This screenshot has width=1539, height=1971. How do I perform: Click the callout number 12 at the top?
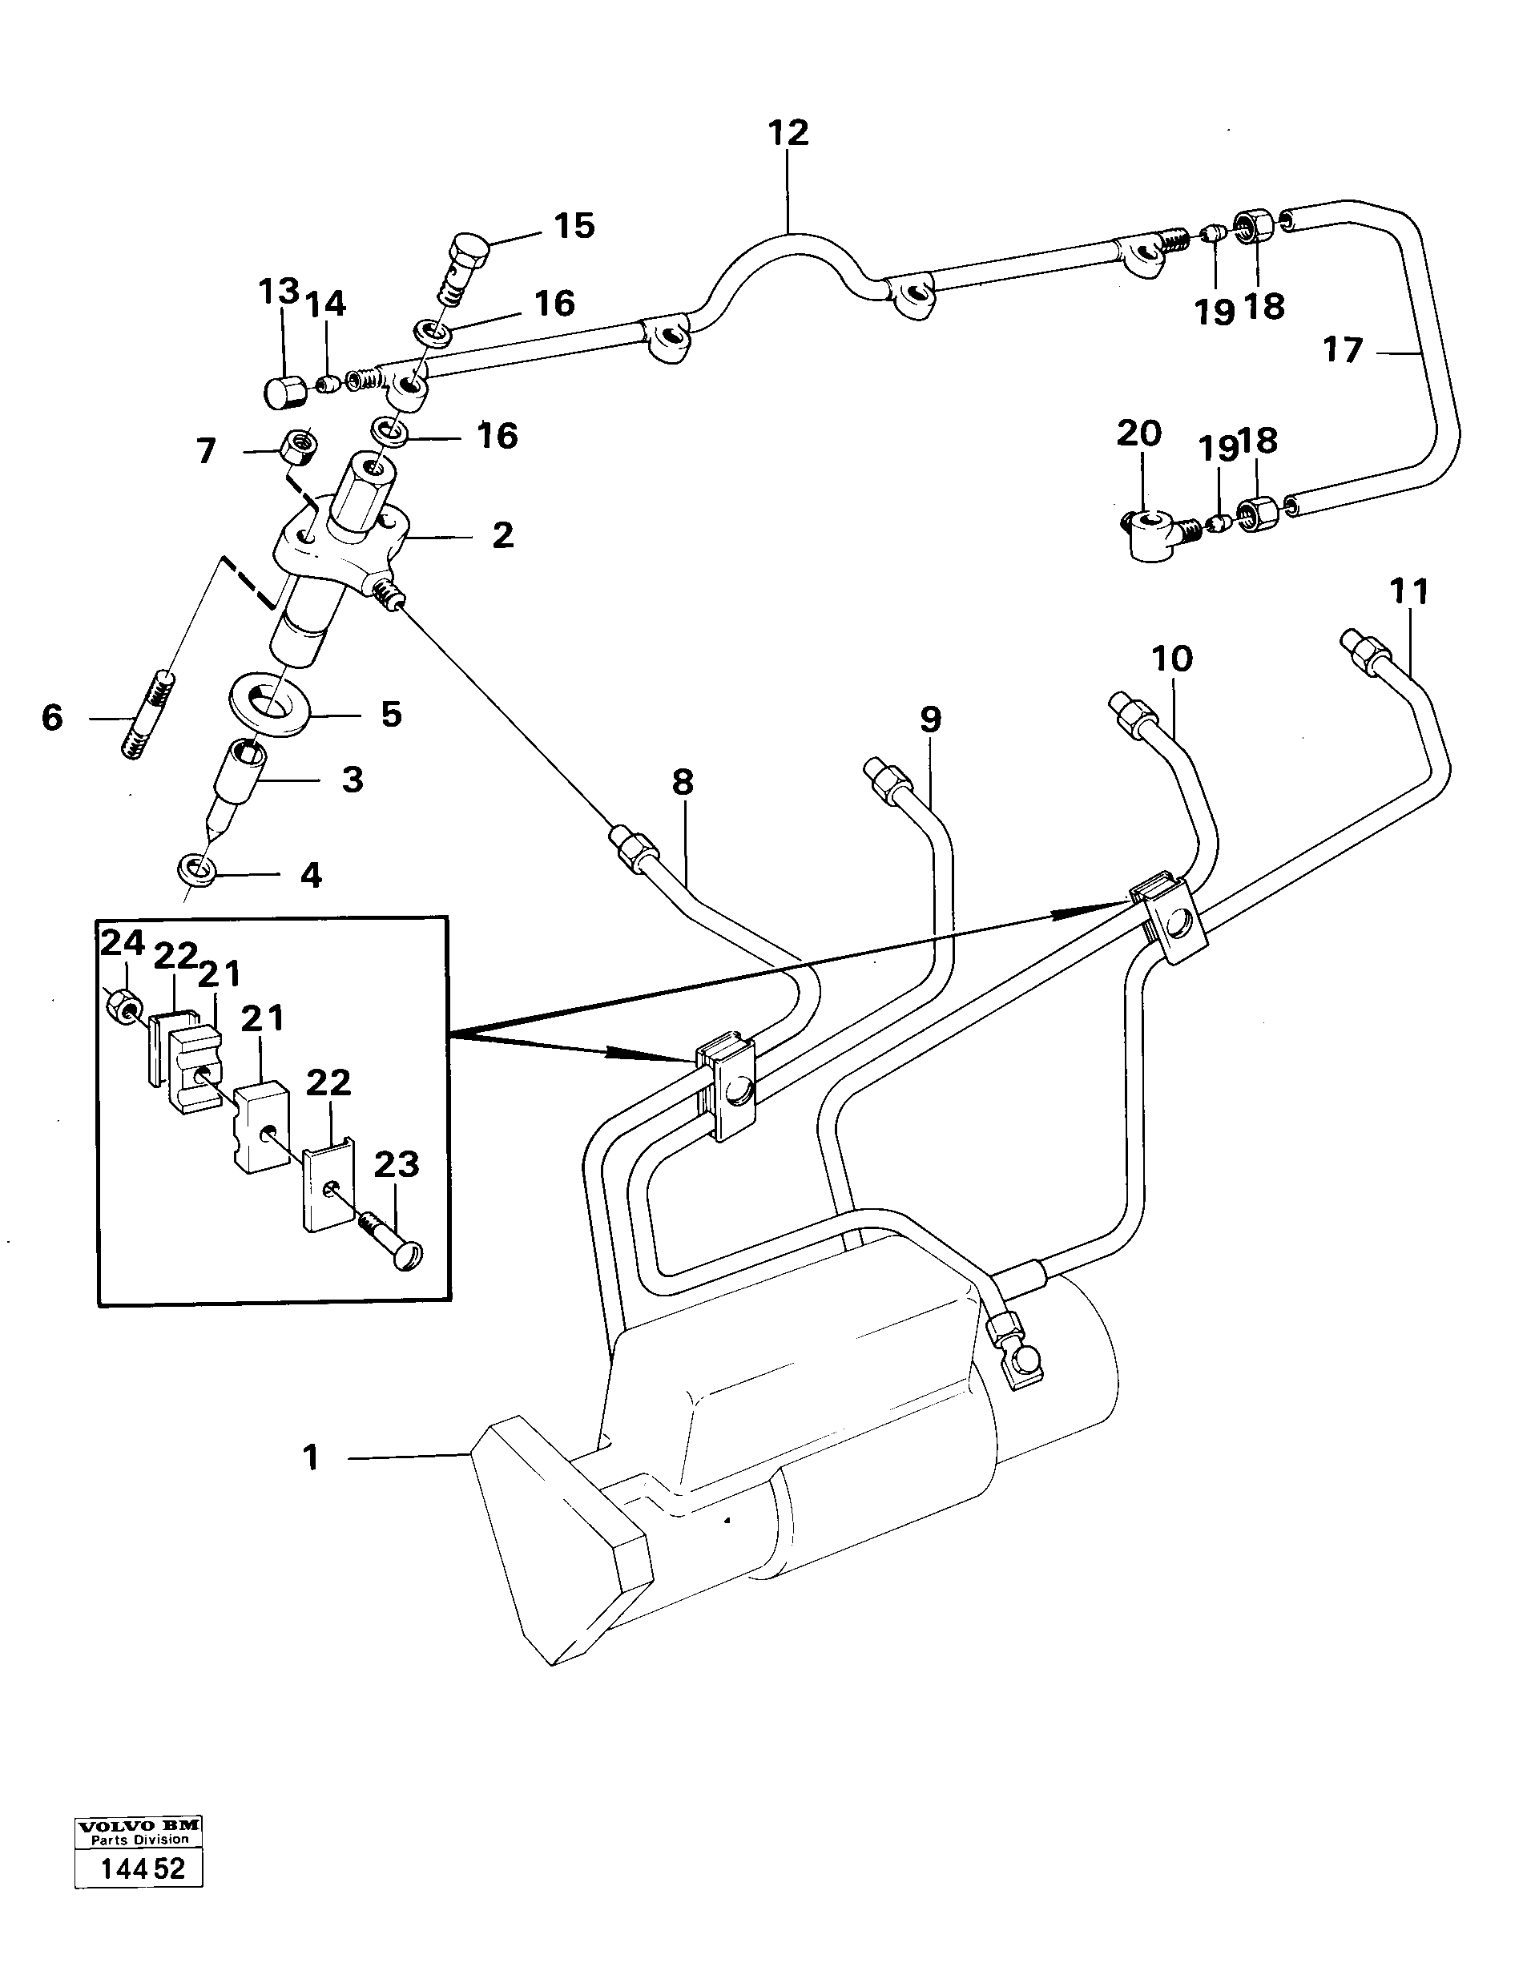pos(788,133)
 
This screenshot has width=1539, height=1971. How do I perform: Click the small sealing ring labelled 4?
pos(195,872)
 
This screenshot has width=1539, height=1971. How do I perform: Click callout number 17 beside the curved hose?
pos(1342,350)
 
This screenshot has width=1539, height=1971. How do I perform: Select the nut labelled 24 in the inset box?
pos(122,1004)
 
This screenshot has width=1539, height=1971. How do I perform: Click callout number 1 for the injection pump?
pos(311,1457)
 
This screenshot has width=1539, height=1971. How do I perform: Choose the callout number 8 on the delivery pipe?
pos(683,783)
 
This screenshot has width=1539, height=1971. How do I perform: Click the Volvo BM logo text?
pos(138,1825)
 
